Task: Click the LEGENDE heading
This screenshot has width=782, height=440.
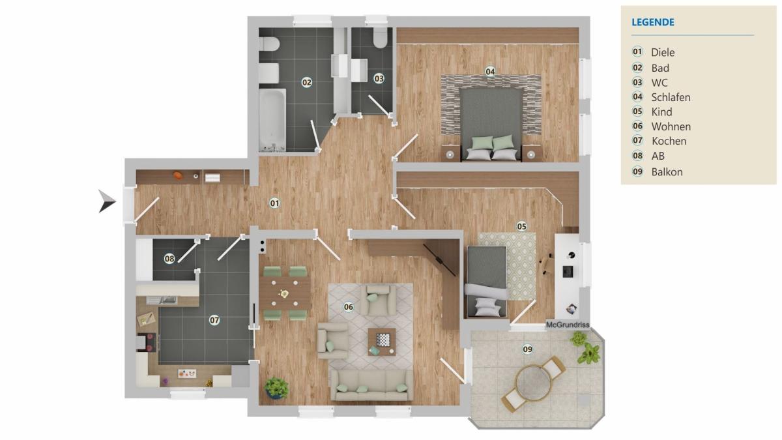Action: pyautogui.click(x=653, y=22)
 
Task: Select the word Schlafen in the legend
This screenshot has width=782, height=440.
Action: pyautogui.click(x=671, y=97)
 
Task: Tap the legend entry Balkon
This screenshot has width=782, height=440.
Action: pyautogui.click(x=667, y=172)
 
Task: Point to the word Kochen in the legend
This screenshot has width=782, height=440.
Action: pyautogui.click(x=669, y=141)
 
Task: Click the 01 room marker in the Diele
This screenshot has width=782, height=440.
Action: pyautogui.click(x=275, y=203)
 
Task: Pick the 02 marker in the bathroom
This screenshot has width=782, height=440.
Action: pyautogui.click(x=306, y=82)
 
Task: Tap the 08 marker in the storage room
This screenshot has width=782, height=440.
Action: pyautogui.click(x=169, y=259)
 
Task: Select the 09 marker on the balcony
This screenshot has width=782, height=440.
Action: pyautogui.click(x=527, y=349)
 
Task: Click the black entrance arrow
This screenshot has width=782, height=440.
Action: pyautogui.click(x=106, y=201)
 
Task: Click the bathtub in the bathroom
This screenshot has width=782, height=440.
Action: pyautogui.click(x=272, y=120)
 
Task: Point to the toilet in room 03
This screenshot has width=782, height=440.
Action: pyautogui.click(x=380, y=38)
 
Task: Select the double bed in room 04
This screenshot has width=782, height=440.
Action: pyautogui.click(x=491, y=125)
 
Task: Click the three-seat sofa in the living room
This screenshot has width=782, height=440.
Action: pyautogui.click(x=372, y=385)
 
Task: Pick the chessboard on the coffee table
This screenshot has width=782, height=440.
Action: pyautogui.click(x=383, y=339)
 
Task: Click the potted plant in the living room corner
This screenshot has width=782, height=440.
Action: pyautogui.click(x=276, y=388)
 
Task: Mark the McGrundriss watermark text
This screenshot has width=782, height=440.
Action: pyautogui.click(x=568, y=325)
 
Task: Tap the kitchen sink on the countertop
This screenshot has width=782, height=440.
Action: pyautogui.click(x=162, y=300)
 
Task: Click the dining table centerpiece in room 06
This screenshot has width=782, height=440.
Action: pyautogui.click(x=284, y=293)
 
